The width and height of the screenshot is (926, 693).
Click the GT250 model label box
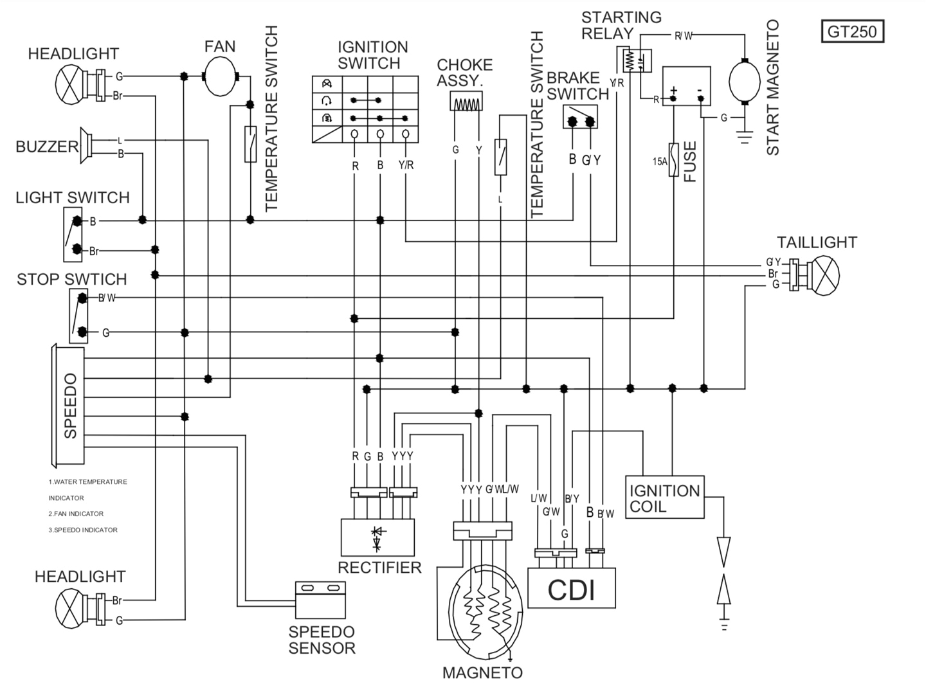pos(853,31)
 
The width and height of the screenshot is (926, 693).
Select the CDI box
pos(572,588)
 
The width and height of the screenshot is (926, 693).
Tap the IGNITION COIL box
pos(665,497)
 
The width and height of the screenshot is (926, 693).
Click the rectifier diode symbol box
pos(377,537)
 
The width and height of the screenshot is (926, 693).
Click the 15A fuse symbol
pos(673,160)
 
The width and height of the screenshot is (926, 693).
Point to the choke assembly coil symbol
pos(466,102)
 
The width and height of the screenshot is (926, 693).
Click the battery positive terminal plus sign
pos(674,90)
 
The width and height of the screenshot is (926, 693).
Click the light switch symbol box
pos(73,235)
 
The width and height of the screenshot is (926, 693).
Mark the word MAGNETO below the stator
pos(482,673)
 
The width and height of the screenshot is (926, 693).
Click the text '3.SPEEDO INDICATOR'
pos(83,530)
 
